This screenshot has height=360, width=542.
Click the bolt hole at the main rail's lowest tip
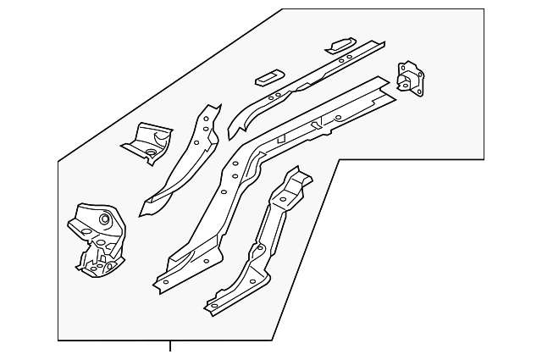coord(166,282)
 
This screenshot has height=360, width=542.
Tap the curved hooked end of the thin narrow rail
coord(234,128)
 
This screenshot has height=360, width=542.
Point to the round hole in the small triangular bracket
coord(149,153)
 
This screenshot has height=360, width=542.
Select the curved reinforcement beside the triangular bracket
coord(182,161)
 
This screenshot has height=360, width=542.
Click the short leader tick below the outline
coord(170,346)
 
